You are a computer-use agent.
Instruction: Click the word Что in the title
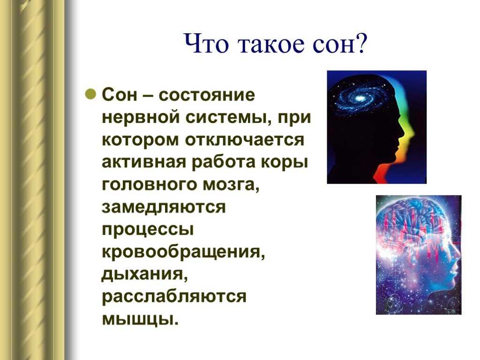tap(206, 44)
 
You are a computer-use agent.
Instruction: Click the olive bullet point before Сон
tap(91, 94)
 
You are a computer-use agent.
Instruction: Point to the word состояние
tap(207, 95)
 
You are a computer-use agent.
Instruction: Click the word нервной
tap(141, 117)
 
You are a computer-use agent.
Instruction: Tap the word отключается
tap(245, 140)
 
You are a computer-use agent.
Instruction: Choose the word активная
tap(144, 162)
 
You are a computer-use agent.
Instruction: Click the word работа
tap(223, 162)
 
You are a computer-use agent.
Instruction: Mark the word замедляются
tap(164, 207)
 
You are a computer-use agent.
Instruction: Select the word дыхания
tap(144, 274)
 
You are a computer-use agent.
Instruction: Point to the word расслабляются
tap(174, 297)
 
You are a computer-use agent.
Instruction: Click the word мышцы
tap(140, 319)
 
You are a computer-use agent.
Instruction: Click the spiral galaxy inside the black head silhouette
tap(358, 98)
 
